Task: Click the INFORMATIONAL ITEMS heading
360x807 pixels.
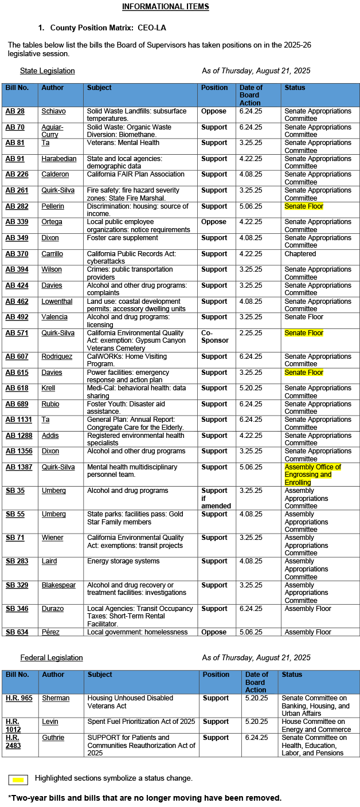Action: tap(165, 7)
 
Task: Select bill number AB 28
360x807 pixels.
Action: tap(15, 111)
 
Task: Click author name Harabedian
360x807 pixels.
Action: tap(58, 159)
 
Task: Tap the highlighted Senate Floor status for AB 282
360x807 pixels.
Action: tap(304, 206)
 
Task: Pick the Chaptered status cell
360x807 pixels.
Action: tap(300, 254)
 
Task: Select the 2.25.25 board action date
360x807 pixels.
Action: tap(251, 333)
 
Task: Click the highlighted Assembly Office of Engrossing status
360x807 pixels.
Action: tap(312, 475)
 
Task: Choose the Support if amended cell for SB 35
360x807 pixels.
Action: tap(216, 498)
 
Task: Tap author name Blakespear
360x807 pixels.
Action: tap(60, 585)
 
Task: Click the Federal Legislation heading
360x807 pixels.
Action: tap(52, 658)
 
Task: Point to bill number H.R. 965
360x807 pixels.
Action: tap(19, 698)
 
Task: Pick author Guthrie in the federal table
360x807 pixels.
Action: tap(53, 738)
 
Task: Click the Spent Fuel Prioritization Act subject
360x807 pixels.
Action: tap(141, 722)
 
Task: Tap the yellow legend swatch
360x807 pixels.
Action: tap(19, 779)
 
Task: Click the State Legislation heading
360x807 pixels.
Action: tap(47, 71)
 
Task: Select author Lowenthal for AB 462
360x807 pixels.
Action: tap(57, 301)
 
